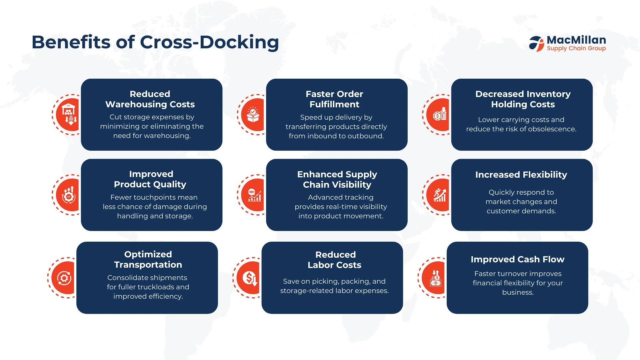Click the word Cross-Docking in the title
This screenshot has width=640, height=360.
[x=209, y=42]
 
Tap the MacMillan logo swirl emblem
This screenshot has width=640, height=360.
[x=536, y=44]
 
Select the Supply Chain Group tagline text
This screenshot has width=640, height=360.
[x=576, y=48]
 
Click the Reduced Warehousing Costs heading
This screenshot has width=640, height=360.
[x=150, y=99]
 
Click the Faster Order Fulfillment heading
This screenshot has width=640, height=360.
[x=334, y=99]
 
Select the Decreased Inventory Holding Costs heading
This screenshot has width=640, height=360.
[x=523, y=99]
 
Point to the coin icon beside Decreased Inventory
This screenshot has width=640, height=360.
[x=440, y=114]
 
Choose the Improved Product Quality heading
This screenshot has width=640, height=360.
[x=150, y=179]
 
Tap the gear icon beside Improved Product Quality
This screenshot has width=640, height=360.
[x=69, y=195]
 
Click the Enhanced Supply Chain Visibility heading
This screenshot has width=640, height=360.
[x=337, y=179]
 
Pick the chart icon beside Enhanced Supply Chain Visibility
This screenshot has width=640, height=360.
[x=255, y=195]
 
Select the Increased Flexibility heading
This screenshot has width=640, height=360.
[x=521, y=175]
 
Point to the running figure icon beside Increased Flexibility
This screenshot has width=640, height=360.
[x=440, y=195]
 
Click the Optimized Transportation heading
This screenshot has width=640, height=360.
[x=148, y=259]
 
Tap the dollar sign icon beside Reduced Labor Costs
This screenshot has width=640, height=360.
[x=250, y=278]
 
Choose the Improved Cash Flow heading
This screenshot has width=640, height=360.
[x=517, y=259]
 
